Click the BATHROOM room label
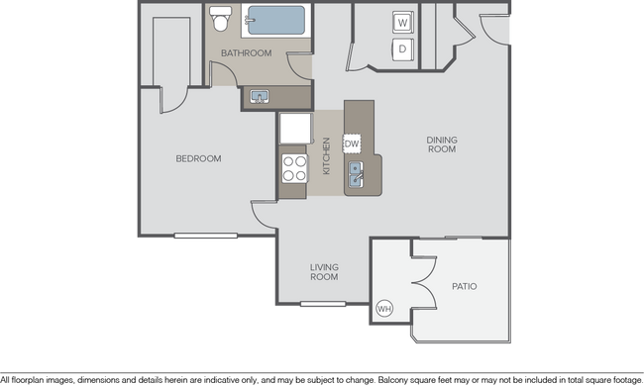[246, 53]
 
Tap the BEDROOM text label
[198, 158]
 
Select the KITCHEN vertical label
[326, 156]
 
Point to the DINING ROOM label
[441, 145]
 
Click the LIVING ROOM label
[325, 272]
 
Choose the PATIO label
[464, 286]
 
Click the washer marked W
[403, 22]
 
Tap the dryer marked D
[403, 48]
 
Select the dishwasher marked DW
[352, 144]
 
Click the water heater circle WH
[384, 310]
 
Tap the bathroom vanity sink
[260, 96]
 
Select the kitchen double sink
[358, 176]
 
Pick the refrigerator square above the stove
[294, 129]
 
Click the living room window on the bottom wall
[322, 304]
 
